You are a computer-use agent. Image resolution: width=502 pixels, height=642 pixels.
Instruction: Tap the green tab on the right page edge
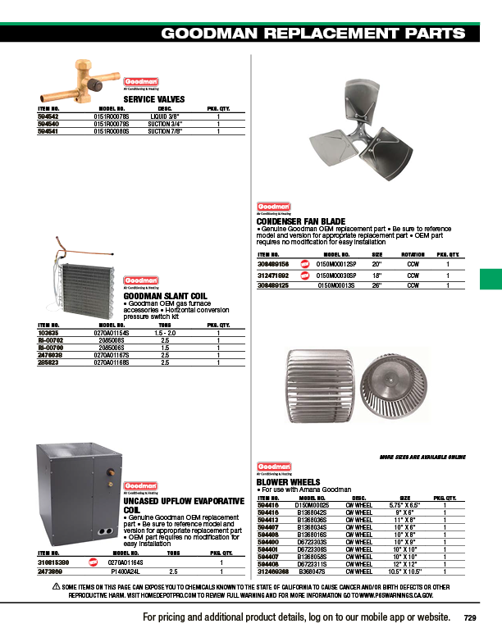pos(490,279)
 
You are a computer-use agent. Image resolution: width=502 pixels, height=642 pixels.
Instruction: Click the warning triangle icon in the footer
pos(56,585)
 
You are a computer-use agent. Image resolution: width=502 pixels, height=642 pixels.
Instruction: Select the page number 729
pos(469,618)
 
